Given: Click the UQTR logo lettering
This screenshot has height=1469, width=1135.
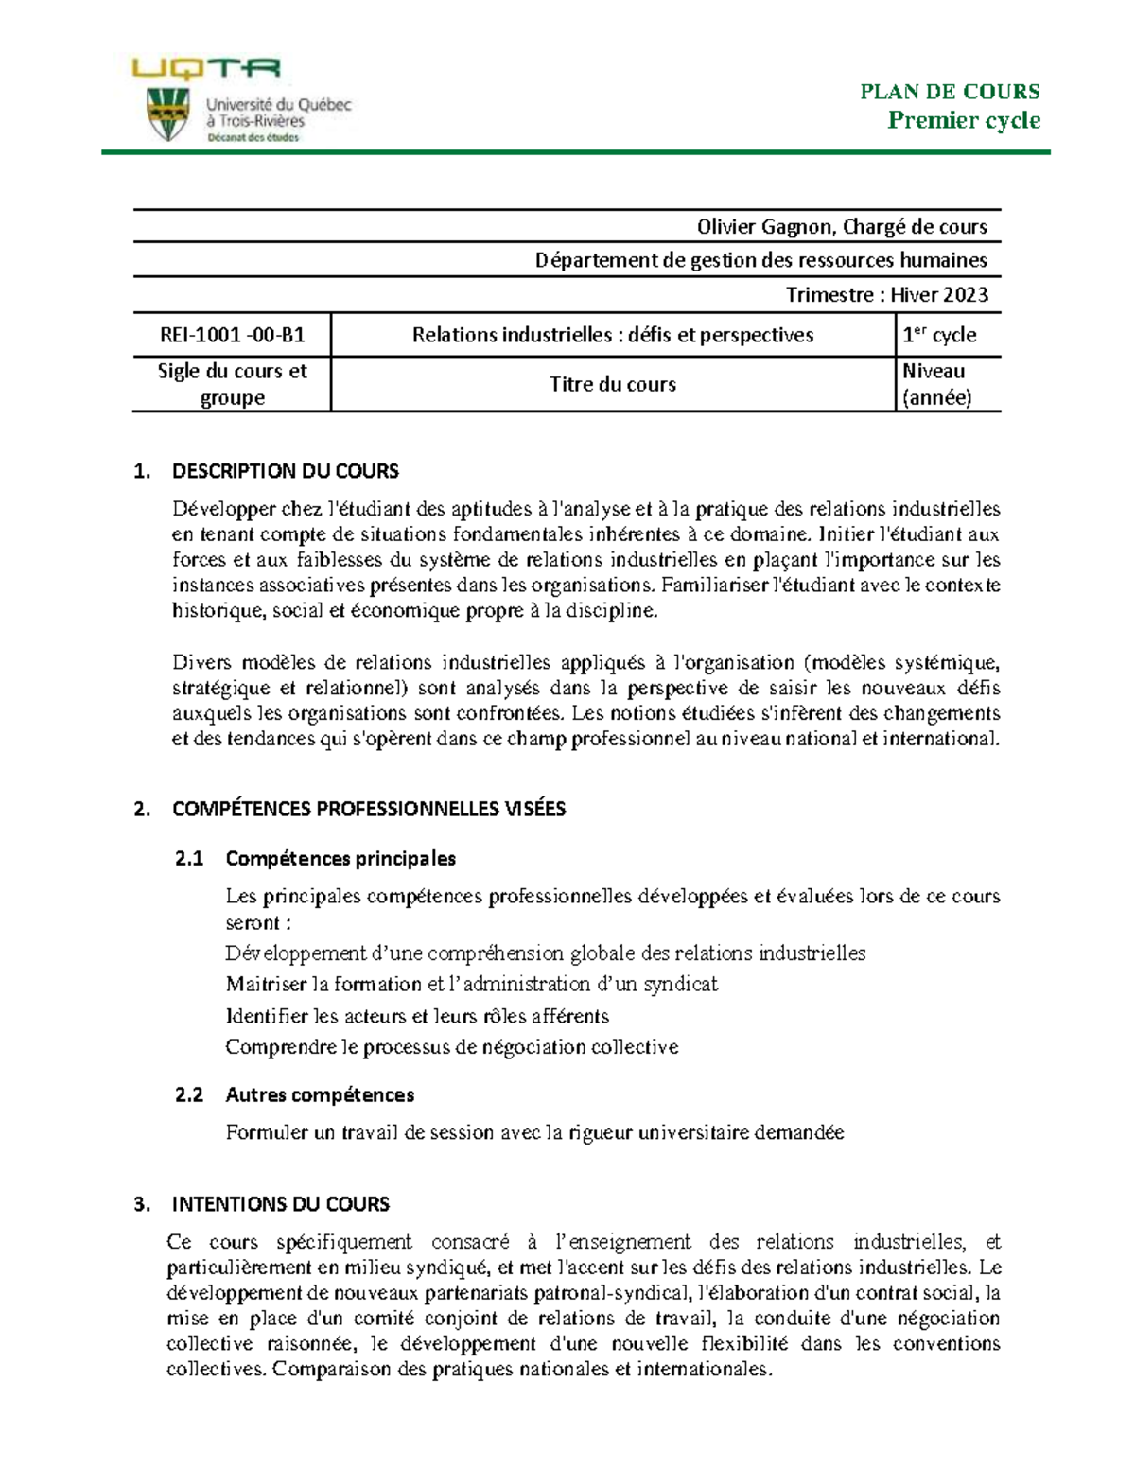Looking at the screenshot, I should click(206, 69).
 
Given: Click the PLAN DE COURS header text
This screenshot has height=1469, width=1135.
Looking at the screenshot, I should click(950, 92).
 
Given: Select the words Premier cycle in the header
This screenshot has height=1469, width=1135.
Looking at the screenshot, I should click(963, 120).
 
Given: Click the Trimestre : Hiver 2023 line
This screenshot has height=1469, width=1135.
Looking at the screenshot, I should click(886, 295).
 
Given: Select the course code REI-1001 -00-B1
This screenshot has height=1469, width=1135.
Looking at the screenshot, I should click(232, 335).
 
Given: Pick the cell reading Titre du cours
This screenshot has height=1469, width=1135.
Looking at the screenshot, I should click(613, 384).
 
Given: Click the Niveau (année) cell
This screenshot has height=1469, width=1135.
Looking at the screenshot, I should click(936, 384).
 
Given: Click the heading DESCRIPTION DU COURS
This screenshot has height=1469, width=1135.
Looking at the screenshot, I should click(285, 471).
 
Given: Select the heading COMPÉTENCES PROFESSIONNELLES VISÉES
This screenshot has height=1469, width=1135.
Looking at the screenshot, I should click(368, 809).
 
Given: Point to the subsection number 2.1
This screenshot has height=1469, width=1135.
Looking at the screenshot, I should click(189, 859).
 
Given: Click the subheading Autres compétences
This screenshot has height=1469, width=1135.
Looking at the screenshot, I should click(320, 1095).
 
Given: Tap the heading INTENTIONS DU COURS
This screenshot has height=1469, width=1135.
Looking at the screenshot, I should click(280, 1204).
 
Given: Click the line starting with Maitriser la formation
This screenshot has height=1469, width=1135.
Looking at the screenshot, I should click(471, 985).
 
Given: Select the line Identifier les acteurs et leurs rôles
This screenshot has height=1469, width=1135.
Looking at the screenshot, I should click(417, 1017).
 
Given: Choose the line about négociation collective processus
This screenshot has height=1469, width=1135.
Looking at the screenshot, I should click(451, 1047).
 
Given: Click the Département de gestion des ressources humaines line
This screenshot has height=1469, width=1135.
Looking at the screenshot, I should click(760, 260).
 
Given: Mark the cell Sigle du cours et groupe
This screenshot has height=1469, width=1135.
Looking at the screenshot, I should click(232, 384).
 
